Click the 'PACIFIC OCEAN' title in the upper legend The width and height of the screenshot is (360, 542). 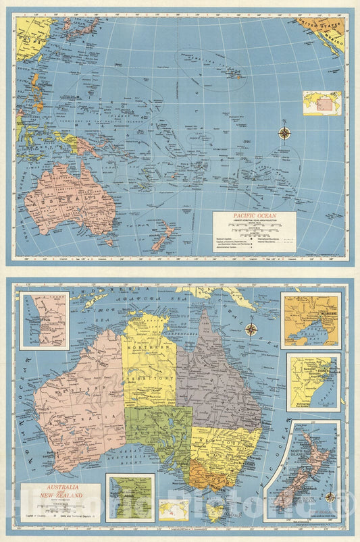pos(255,218)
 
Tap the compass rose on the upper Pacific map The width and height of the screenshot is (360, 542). pos(284,133)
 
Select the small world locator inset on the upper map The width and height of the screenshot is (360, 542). pos(322,103)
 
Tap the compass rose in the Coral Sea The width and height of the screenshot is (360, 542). pos(251,329)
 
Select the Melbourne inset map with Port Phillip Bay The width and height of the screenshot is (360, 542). pos(311,319)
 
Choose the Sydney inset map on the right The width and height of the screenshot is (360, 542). pos(313,381)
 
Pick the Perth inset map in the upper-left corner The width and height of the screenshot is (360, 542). pos(44,320)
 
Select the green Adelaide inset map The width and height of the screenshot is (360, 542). pos(130,497)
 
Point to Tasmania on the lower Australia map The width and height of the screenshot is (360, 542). pos(215,513)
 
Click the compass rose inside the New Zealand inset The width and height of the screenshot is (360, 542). pos(330,497)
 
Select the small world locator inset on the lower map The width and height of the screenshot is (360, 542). pos(174,509)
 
